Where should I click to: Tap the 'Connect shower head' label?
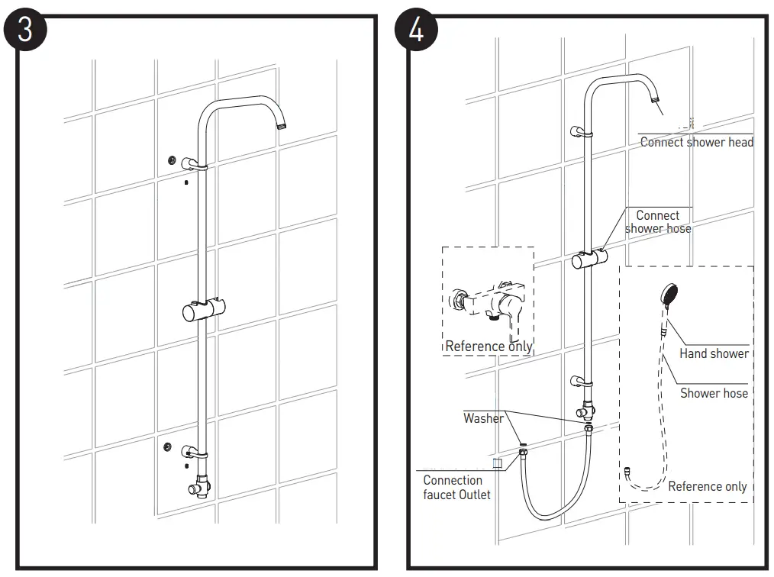[x=696, y=142]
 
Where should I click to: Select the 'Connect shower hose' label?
[x=658, y=222]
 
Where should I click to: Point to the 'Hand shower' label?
[x=714, y=353]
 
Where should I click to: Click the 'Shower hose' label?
[x=714, y=393]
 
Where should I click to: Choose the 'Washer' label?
[x=483, y=418]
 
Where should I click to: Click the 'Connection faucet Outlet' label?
[x=456, y=487]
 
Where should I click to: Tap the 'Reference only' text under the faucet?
[x=489, y=347]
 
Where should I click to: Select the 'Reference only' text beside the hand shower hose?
[x=707, y=486]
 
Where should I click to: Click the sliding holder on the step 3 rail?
[x=201, y=311]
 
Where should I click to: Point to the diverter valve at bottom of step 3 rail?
[x=202, y=484]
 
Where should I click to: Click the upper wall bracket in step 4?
[x=581, y=131]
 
